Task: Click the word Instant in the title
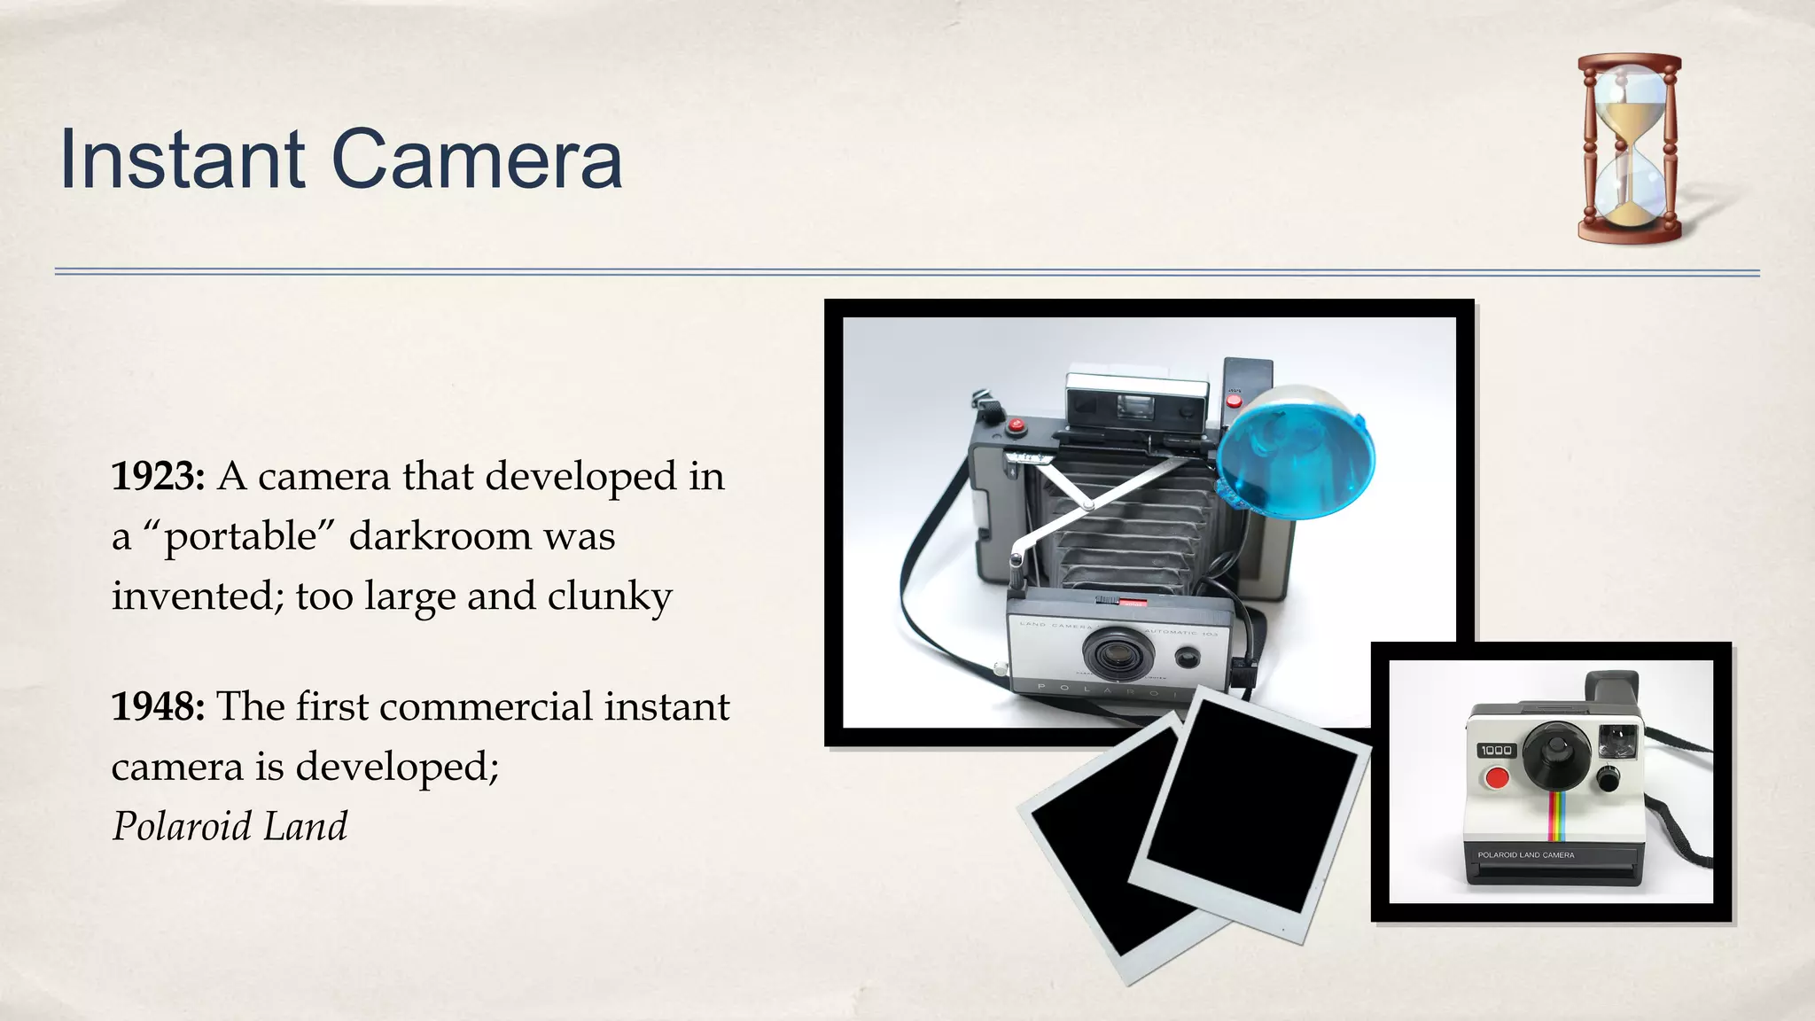(x=182, y=160)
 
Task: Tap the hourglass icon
(x=1629, y=148)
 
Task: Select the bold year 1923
(x=158, y=477)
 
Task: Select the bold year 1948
(x=158, y=707)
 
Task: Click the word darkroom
(x=440, y=536)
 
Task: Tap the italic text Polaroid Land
(x=230, y=826)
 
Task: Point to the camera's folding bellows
(x=1134, y=523)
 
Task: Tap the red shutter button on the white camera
(x=1497, y=778)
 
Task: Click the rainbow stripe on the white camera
(x=1556, y=815)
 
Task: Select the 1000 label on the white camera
(x=1496, y=750)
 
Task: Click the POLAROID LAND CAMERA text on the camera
(x=1525, y=855)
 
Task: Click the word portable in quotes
(x=240, y=537)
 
